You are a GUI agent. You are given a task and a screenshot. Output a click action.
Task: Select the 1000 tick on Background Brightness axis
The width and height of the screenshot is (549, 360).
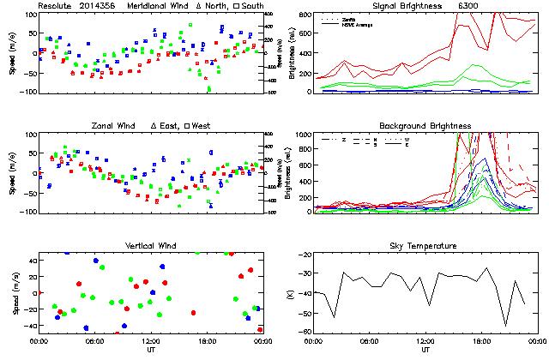click(x=304, y=135)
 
